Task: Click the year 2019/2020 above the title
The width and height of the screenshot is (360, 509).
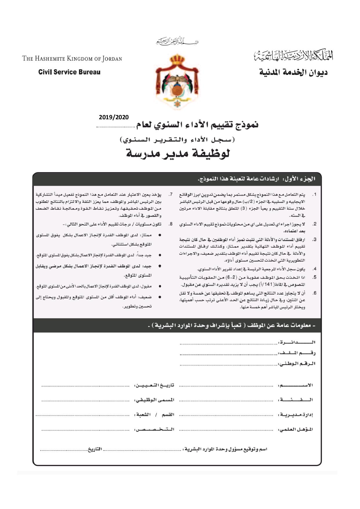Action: [113, 117]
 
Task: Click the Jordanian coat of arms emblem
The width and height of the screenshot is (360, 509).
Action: [177, 81]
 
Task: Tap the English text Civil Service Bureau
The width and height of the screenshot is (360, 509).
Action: [69, 72]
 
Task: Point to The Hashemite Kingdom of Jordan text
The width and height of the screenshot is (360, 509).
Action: [72, 59]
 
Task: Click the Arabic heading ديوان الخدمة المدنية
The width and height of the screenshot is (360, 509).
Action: [293, 72]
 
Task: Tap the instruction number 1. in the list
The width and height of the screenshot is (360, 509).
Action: [314, 194]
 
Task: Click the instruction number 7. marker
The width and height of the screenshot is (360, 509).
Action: [171, 194]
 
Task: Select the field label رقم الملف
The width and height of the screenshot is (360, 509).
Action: [297, 353]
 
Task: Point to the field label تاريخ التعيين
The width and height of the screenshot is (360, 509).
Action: [154, 385]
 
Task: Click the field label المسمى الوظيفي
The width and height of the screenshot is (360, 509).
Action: [154, 400]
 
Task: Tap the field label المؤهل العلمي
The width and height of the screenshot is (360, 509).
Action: [296, 429]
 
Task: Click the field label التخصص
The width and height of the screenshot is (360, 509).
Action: [154, 429]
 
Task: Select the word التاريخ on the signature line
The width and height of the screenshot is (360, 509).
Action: [95, 449]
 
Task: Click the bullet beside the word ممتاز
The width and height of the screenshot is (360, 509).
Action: [160, 235]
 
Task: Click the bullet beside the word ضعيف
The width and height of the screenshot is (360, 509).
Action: [160, 297]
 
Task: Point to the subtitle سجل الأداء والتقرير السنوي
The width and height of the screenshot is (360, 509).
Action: [177, 140]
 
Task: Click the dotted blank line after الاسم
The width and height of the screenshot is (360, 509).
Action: [226, 386]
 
